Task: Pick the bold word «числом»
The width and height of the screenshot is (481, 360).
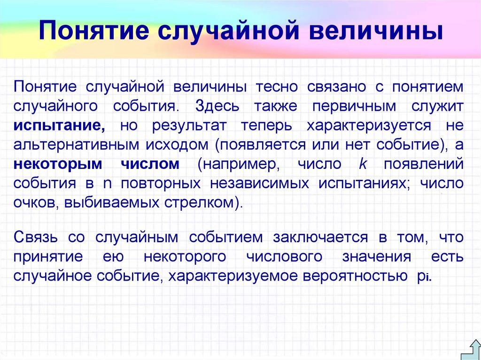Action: [x=150, y=164]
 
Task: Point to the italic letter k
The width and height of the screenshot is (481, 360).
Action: [x=362, y=164]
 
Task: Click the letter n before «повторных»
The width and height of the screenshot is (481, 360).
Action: [x=107, y=184]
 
